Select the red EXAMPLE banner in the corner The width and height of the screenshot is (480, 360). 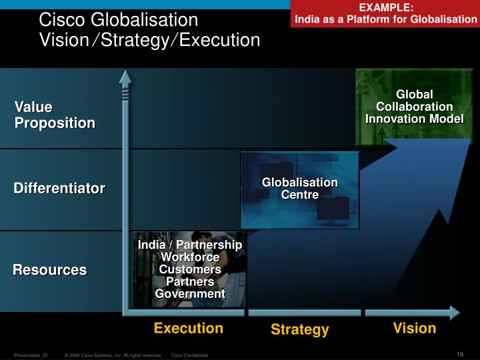(x=386, y=13)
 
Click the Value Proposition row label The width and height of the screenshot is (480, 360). (x=55, y=115)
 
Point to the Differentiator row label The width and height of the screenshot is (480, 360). (x=59, y=189)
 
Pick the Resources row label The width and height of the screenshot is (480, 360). (x=50, y=270)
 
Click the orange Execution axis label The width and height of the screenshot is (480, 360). (x=189, y=328)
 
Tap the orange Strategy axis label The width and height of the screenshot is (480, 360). (x=299, y=329)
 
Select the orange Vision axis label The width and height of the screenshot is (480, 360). (x=415, y=328)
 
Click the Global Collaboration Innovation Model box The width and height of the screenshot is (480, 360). (x=415, y=107)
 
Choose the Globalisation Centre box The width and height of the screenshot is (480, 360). (x=299, y=189)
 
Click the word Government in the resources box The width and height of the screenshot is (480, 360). (x=190, y=293)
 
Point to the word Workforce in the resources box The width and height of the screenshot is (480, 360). (x=190, y=257)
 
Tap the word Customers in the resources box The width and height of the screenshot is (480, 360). (x=190, y=269)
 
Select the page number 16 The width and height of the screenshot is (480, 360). (x=460, y=353)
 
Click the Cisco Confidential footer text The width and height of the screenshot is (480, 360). (x=190, y=356)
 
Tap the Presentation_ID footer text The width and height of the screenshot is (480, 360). (x=31, y=356)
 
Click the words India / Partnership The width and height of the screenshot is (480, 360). (x=190, y=245)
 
